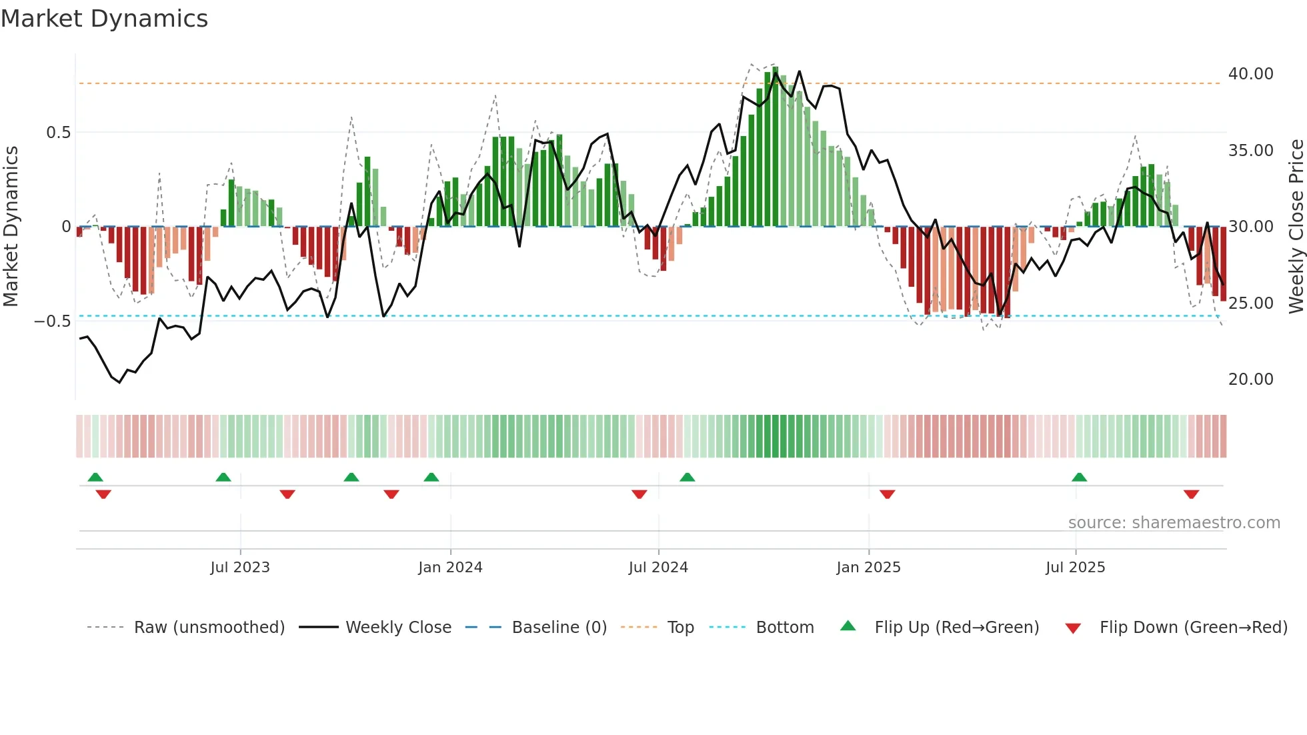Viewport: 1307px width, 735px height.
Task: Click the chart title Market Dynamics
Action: click(x=104, y=19)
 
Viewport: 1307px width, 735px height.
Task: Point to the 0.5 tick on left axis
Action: click(x=58, y=133)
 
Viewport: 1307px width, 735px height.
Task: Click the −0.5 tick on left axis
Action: click(x=53, y=321)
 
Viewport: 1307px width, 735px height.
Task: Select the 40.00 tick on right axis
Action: click(x=1250, y=74)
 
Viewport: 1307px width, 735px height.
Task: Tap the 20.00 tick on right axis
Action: click(x=1250, y=380)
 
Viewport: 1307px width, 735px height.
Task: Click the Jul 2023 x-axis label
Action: click(x=240, y=568)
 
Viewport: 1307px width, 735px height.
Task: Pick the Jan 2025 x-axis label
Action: click(x=868, y=568)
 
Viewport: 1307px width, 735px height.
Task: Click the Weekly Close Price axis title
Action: click(x=1296, y=227)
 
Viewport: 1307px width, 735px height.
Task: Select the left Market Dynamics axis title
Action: click(x=11, y=227)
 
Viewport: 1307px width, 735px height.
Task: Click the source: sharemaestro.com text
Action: click(x=1174, y=523)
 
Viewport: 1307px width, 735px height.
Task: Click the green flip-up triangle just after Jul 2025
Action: click(x=1079, y=477)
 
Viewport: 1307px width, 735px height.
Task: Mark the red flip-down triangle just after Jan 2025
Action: click(x=887, y=494)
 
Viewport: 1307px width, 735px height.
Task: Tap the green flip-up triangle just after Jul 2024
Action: click(x=687, y=477)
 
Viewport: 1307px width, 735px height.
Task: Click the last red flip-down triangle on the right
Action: click(x=1191, y=494)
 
